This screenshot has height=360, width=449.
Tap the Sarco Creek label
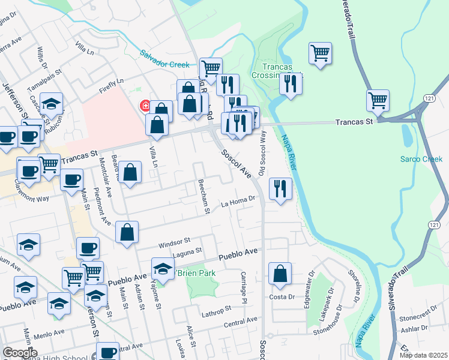tap(421, 159)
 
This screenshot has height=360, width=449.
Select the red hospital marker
tap(145, 106)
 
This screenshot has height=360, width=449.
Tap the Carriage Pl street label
tap(244, 286)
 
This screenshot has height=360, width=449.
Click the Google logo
tap(20, 353)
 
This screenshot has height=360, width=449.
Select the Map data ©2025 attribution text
tap(424, 355)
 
